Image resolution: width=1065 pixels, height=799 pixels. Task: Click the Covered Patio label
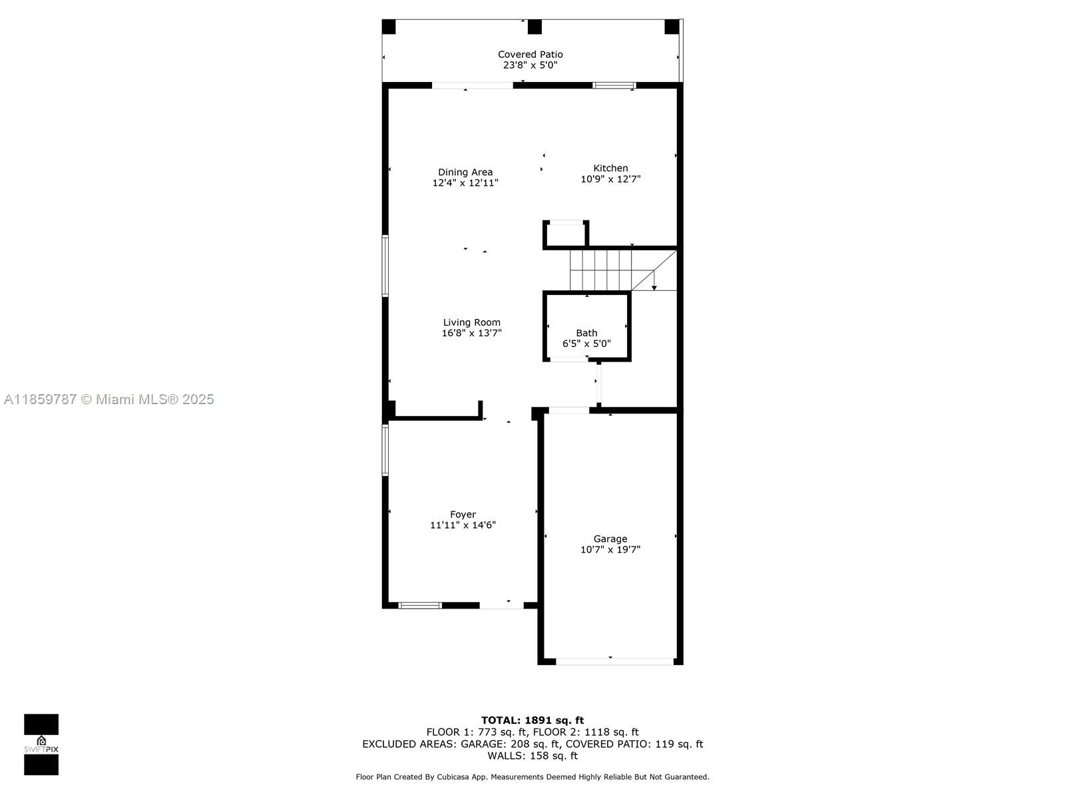click(x=530, y=55)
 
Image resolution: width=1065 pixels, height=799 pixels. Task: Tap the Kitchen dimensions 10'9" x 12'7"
click(x=610, y=179)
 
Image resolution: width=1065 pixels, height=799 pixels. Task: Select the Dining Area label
click(x=465, y=172)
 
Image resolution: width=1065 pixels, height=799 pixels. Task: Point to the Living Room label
click(x=471, y=322)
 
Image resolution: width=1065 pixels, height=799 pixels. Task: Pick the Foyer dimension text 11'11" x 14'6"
click(x=463, y=525)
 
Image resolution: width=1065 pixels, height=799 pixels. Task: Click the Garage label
click(x=610, y=539)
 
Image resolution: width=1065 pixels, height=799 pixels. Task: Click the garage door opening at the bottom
click(x=614, y=661)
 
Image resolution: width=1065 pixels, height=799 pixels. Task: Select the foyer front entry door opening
click(x=501, y=605)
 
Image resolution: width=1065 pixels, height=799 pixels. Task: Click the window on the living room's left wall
click(x=385, y=266)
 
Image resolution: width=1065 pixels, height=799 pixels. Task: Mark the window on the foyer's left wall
click(x=385, y=449)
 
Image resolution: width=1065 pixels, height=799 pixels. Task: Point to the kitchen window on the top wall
click(x=614, y=85)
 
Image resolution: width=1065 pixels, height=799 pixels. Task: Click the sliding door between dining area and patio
click(x=472, y=85)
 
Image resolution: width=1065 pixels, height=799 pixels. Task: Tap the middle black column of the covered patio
click(x=534, y=27)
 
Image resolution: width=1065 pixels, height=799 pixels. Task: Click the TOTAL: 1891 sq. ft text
click(x=532, y=720)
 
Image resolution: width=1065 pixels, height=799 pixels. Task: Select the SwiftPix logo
click(x=41, y=744)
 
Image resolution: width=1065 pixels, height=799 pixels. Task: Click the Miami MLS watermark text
click(x=109, y=400)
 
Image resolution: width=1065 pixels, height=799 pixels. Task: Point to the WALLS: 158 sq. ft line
click(x=532, y=756)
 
